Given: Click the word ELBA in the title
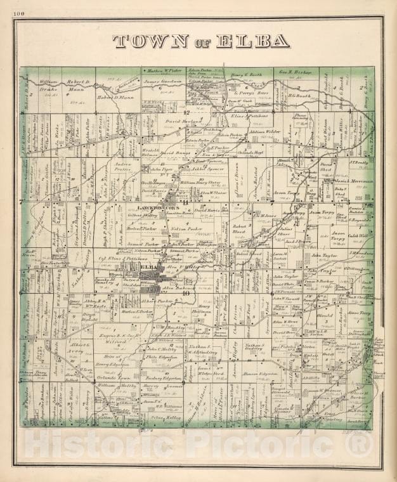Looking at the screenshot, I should click(x=253, y=41).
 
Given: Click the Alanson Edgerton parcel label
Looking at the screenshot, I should click(x=260, y=374).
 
